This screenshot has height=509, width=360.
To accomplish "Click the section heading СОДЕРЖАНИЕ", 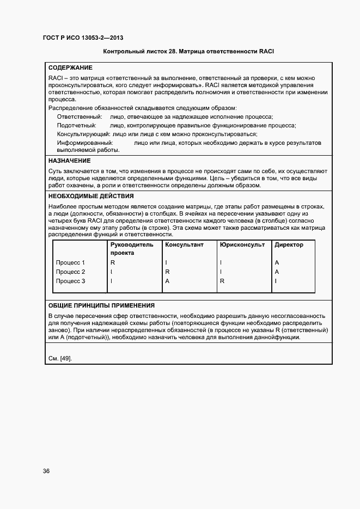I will pos(70,68).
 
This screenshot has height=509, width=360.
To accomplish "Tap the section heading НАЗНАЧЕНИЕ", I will pos(69,161).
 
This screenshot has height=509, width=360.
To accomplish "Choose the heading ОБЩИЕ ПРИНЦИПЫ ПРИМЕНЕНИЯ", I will pos(101,305).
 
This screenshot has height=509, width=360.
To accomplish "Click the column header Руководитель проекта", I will pos(132,249).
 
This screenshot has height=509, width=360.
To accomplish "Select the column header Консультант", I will pos(184,245).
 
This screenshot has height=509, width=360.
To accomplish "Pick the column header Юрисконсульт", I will pos(242,245).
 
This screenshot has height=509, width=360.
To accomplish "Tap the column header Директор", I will pos(289,245).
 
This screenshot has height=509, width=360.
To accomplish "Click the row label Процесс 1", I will pos(71,262).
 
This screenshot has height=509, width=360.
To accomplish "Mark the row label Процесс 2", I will pos(71,272).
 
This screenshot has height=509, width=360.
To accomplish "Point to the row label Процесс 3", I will pos(71,281).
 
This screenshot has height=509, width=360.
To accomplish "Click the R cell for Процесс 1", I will pos(113,262).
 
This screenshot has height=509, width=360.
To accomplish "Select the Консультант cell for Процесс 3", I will pos(168,281).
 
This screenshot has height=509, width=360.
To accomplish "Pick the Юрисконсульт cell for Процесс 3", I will pos(222,281).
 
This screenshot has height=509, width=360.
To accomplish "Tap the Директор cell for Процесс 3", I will pos(276,281).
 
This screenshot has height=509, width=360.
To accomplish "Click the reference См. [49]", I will pos(60,358).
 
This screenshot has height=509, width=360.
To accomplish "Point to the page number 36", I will pos(46,471).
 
